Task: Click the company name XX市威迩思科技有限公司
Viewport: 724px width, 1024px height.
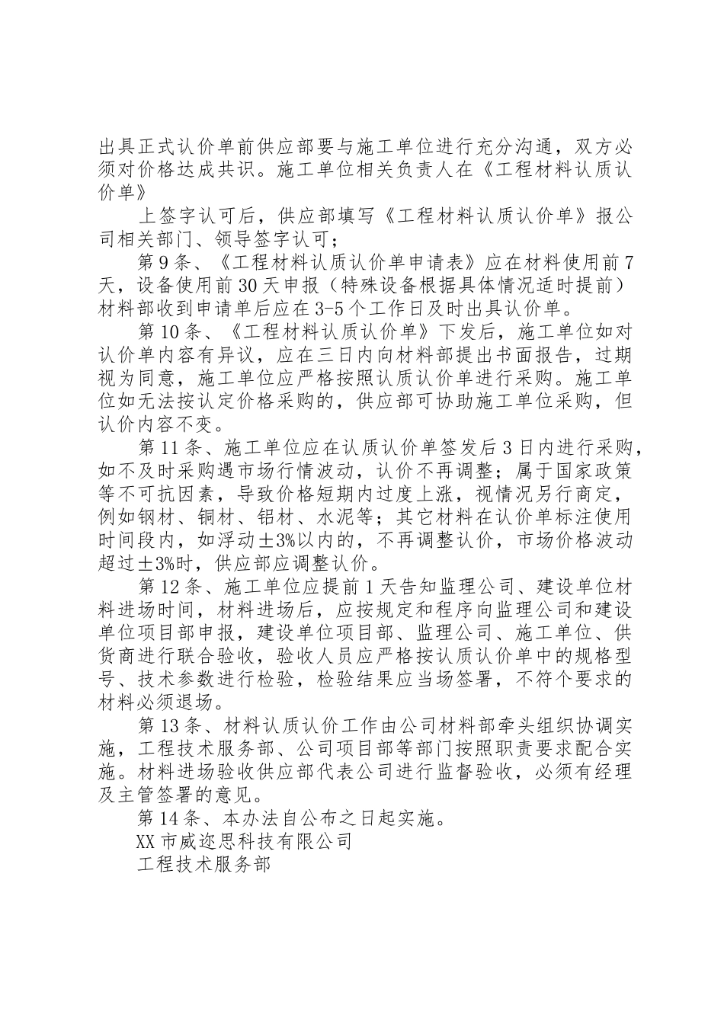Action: pyautogui.click(x=243, y=841)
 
